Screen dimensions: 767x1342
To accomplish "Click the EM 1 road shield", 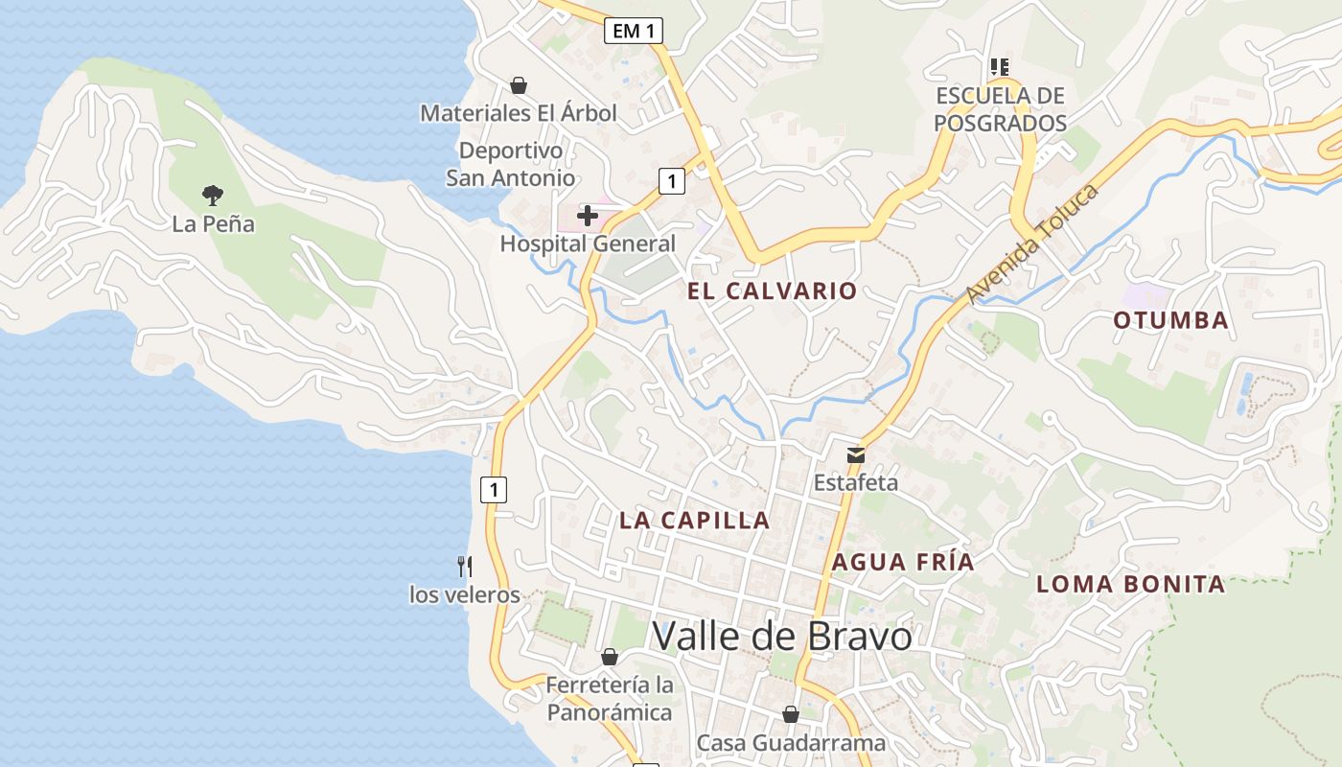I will pyautogui.click(x=634, y=31).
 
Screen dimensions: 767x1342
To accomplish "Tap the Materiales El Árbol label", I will pyautogui.click(x=519, y=113).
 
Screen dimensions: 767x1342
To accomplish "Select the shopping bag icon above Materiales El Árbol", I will pyautogui.click(x=519, y=85).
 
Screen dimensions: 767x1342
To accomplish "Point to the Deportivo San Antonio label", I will pyautogui.click(x=510, y=164).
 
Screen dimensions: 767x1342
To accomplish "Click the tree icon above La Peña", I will pyautogui.click(x=213, y=196).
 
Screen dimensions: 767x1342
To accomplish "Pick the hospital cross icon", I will pyautogui.click(x=588, y=216).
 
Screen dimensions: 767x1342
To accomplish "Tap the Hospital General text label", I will pyautogui.click(x=588, y=244).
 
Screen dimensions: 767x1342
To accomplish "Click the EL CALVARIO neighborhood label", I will pyautogui.click(x=773, y=291).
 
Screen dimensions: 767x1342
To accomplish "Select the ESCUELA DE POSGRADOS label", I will pyautogui.click(x=1000, y=109).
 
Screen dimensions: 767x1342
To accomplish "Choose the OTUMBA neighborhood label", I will pyautogui.click(x=1170, y=320).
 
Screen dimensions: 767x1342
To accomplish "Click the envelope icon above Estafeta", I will pyautogui.click(x=855, y=454).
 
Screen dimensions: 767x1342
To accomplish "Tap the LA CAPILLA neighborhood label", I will pyautogui.click(x=694, y=520).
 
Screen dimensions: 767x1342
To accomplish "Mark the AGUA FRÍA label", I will pyautogui.click(x=902, y=562).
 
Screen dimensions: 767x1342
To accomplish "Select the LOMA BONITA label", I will pyautogui.click(x=1130, y=583).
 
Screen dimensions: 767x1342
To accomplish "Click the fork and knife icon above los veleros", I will pyautogui.click(x=465, y=567).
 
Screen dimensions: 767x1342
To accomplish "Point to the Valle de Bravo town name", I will pyautogui.click(x=781, y=636).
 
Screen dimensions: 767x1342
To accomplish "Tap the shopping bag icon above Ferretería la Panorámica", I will pyautogui.click(x=609, y=657).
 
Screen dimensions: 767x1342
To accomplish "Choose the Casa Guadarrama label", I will pyautogui.click(x=791, y=742).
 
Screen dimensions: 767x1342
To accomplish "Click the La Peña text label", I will pyautogui.click(x=213, y=224).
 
